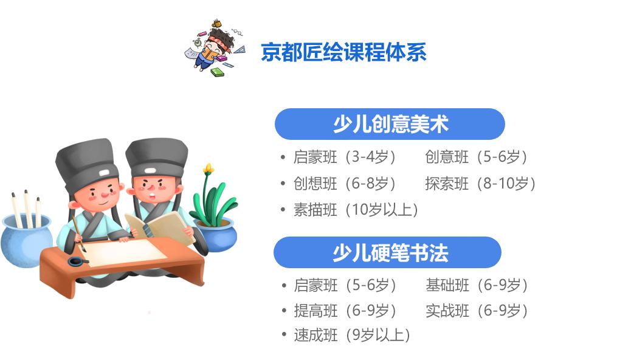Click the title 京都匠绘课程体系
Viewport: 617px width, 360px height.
(343, 52)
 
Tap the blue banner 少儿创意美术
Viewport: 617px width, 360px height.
(390, 124)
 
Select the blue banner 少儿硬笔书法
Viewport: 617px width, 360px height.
(388, 252)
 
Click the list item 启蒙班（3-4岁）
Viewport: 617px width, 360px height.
(344, 157)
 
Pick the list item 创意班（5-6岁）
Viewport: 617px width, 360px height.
(476, 157)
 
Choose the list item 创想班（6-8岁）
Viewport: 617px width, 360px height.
(344, 183)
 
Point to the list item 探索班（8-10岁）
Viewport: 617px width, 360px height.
(480, 183)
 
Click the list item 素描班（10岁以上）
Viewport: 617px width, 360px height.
(356, 210)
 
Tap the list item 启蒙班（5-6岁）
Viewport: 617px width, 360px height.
(345, 285)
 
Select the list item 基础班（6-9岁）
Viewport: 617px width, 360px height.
(477, 285)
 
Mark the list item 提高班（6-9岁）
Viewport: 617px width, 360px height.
(345, 311)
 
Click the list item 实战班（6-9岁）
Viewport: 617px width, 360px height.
(477, 311)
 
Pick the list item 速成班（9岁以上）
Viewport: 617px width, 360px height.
(352, 335)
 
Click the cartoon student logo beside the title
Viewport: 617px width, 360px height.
(215, 47)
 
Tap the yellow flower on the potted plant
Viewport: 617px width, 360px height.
(209, 169)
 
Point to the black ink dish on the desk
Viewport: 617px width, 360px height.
(78, 261)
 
